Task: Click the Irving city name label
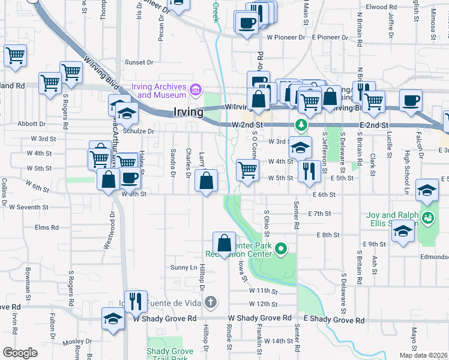(187, 112)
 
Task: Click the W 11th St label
(263, 291)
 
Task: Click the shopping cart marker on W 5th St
(247, 170)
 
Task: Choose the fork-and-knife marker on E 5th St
(309, 170)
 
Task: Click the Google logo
(20, 352)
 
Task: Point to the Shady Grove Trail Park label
(170, 354)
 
